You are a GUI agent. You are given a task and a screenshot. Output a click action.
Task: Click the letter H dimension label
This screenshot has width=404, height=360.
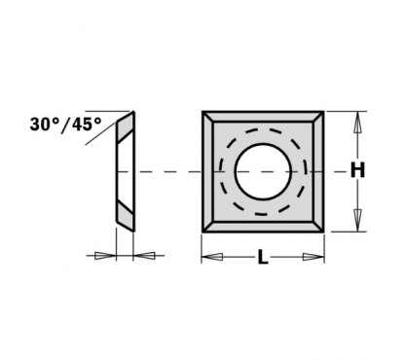click(357, 170)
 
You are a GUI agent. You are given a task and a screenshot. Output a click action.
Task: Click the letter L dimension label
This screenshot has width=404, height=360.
click(263, 257)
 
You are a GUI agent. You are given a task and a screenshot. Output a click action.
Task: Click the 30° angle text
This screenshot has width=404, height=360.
click(45, 124)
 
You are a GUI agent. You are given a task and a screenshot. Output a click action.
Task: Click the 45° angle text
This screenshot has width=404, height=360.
click(86, 124)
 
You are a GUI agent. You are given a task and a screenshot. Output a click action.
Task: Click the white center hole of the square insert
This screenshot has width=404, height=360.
click(263, 171)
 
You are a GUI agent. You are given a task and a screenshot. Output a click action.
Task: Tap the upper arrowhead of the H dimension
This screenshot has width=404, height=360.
click(357, 123)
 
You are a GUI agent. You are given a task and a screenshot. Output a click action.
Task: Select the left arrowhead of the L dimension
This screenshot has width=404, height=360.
click(212, 257)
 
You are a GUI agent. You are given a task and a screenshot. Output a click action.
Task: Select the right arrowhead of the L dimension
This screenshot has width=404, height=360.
click(313, 257)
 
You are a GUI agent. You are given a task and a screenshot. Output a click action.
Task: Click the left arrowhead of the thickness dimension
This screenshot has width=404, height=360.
click(105, 256)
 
